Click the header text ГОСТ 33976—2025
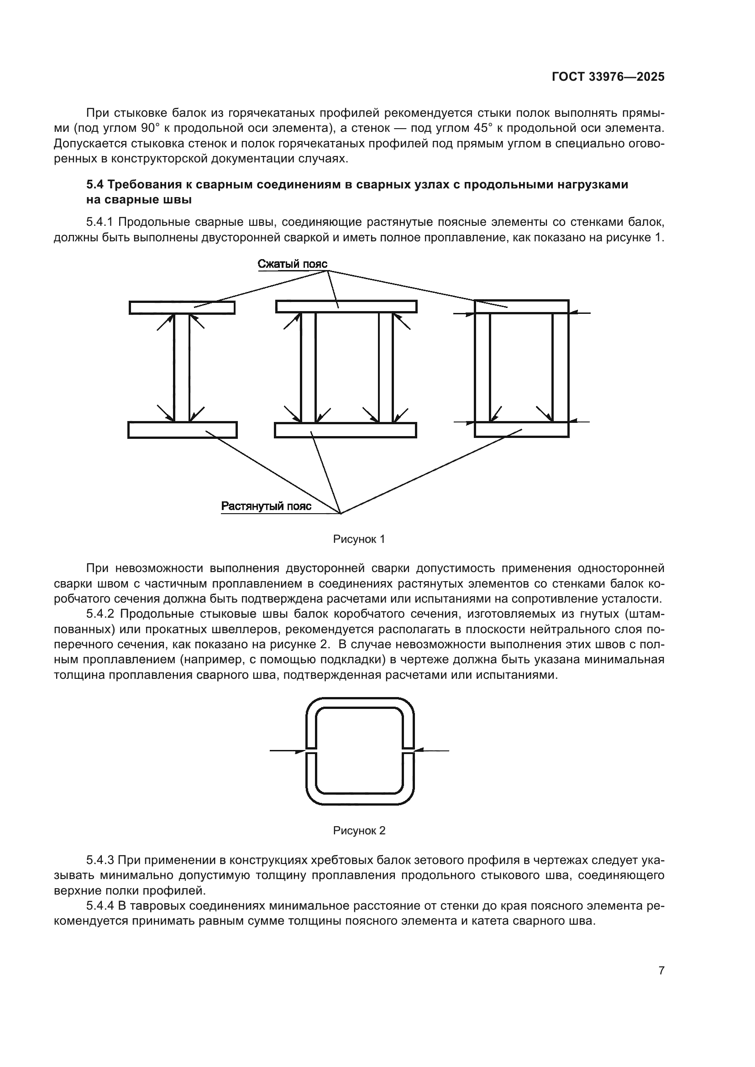[608, 77]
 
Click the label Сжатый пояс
[293, 265]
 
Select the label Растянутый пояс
[266, 506]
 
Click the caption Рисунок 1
[359, 539]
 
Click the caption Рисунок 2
[359, 830]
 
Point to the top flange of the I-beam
[182, 307]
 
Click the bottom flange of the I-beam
[182, 430]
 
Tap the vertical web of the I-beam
[182, 367]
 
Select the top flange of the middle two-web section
[346, 306]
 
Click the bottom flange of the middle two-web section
[346, 430]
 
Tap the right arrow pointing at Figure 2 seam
[432, 750]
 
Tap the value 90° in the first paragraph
[151, 128]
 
